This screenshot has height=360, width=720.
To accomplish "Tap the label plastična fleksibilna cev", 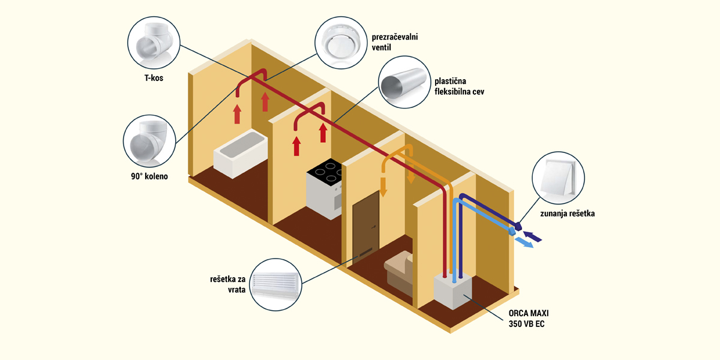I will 458,86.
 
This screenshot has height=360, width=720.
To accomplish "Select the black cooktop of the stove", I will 325,175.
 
